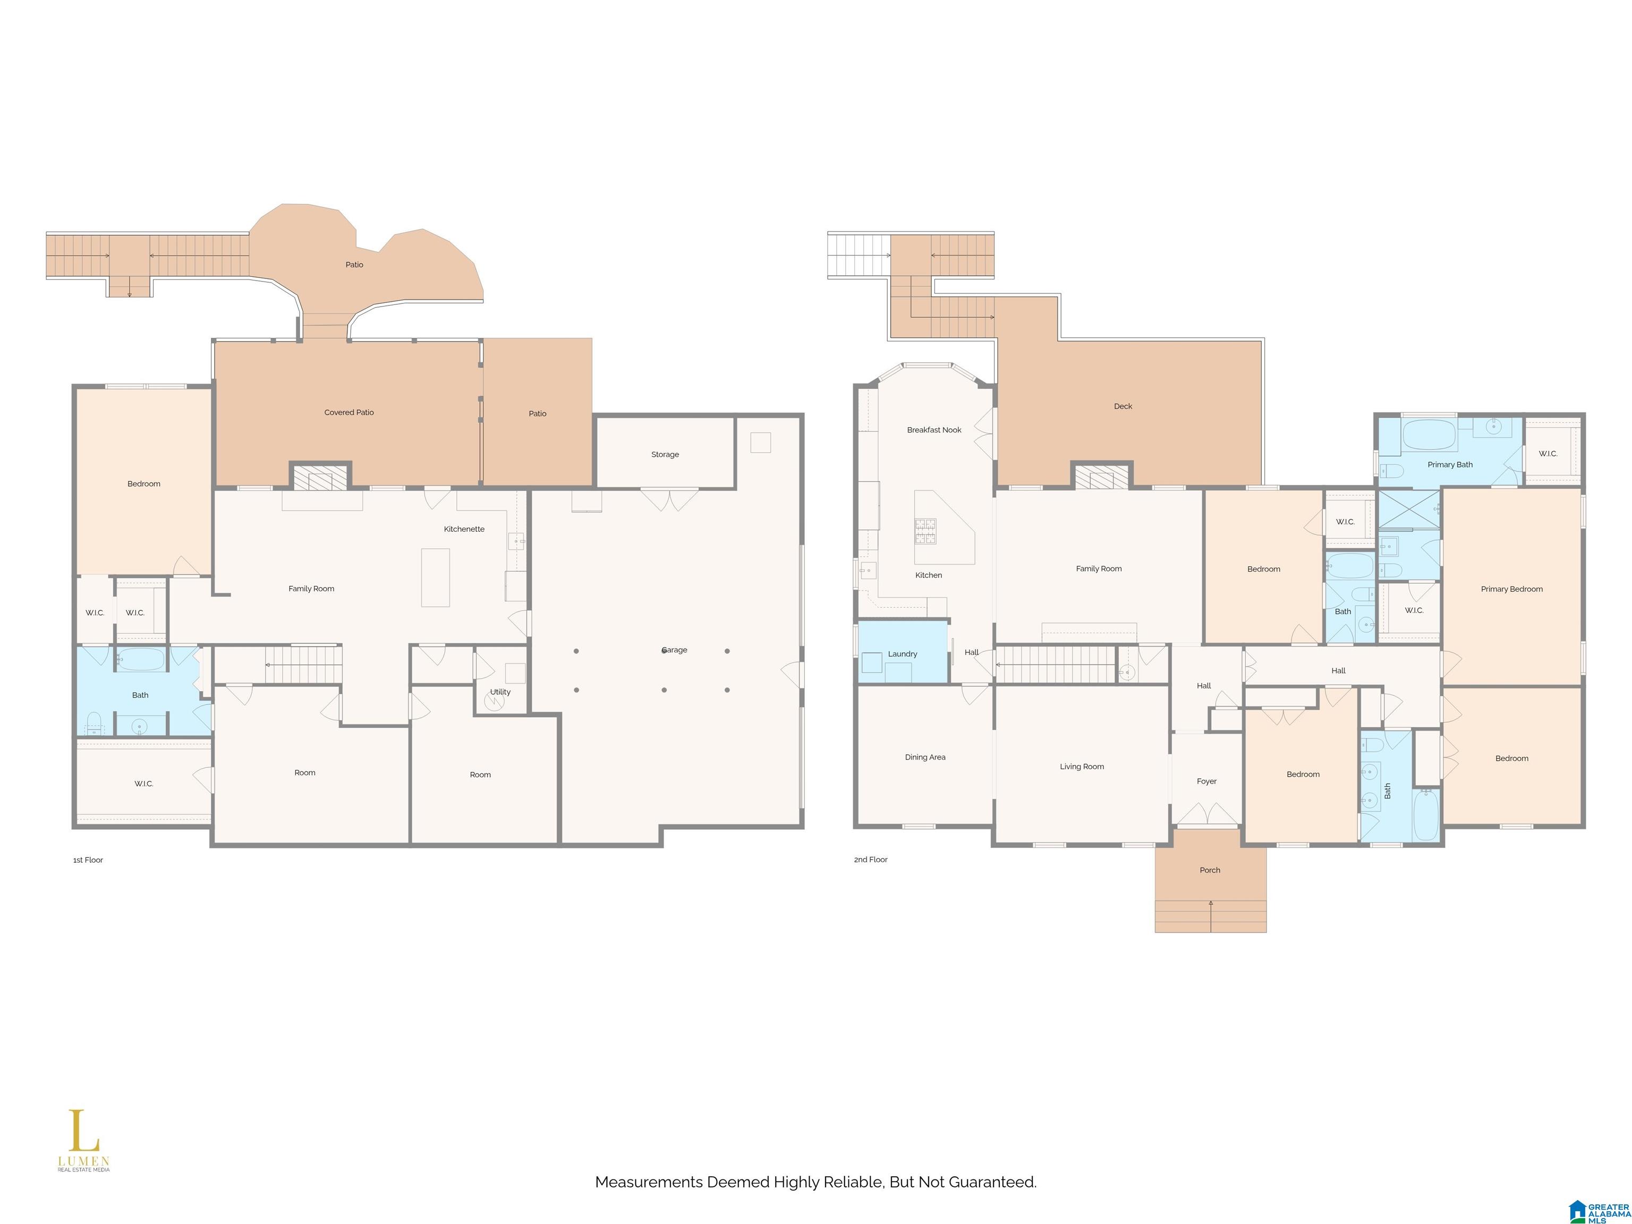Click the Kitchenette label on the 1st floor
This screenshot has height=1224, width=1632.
464,529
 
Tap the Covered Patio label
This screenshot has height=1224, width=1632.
349,412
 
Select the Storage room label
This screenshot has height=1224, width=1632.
665,454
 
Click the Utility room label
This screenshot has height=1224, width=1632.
500,692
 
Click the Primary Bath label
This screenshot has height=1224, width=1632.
1450,465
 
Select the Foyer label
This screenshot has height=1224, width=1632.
1207,781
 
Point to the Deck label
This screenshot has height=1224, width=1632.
1123,406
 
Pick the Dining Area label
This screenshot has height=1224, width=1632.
925,758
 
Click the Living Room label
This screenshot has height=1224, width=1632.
1082,767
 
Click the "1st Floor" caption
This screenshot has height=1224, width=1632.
88,860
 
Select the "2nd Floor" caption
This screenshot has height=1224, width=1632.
871,860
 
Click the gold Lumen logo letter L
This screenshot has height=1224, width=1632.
83,1130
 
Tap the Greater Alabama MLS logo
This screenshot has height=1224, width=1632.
1599,1211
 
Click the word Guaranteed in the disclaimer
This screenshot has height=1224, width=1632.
992,1182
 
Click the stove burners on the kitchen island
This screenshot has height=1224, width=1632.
925,531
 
